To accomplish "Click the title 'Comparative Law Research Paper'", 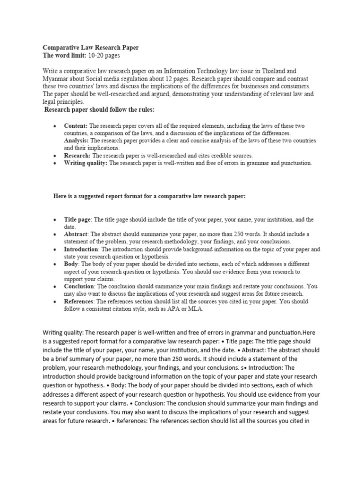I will (x=91, y=48).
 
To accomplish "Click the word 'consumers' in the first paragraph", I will (x=293, y=86).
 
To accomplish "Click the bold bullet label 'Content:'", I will (x=76, y=126).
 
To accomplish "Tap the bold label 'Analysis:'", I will (x=77, y=141).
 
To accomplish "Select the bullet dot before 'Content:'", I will (x=55, y=126).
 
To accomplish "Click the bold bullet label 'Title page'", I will (x=78, y=220).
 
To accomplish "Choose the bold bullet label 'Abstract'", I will (x=76, y=234).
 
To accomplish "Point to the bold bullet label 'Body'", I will (x=71, y=264).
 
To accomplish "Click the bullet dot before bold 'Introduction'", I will (x=55, y=250).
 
